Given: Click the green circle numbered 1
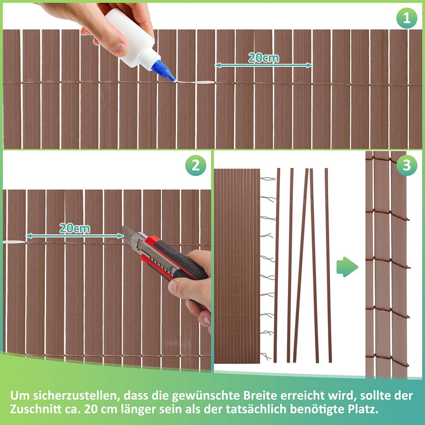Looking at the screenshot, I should point(407,18).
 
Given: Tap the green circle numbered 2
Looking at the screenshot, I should point(196,166).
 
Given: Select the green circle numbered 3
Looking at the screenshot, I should point(407,166).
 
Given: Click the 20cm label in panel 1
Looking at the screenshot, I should point(263,58).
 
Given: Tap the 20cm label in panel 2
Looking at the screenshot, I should point(74,228).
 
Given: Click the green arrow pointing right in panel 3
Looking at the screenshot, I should point(347,267).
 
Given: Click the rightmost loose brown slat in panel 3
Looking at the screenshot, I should point(328,266).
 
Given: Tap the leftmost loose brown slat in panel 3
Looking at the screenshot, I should point(277,266).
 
